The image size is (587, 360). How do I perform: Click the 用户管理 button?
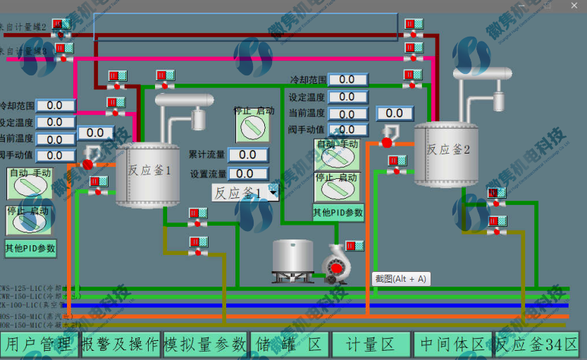pyautogui.click(x=39, y=345)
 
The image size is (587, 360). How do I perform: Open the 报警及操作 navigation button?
pyautogui.click(x=120, y=345)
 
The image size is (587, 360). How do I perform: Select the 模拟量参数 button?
pyautogui.click(x=205, y=345)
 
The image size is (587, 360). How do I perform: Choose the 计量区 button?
pyautogui.click(x=371, y=345)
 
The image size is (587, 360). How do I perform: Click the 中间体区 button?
pyautogui.click(x=452, y=345)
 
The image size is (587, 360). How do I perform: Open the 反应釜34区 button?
pyautogui.click(x=537, y=345)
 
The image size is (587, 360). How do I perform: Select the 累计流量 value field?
pyautogui.click(x=248, y=155)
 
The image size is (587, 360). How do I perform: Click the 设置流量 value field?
pyautogui.click(x=248, y=173)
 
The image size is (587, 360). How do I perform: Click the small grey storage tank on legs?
pyautogui.click(x=293, y=261)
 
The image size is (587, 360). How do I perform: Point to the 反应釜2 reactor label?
pyautogui.click(x=447, y=149)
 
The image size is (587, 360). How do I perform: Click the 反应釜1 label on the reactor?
pyautogui.click(x=149, y=170)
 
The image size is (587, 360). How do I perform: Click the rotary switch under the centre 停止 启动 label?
pyautogui.click(x=252, y=129)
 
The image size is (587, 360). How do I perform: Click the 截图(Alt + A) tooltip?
pyautogui.click(x=401, y=278)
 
